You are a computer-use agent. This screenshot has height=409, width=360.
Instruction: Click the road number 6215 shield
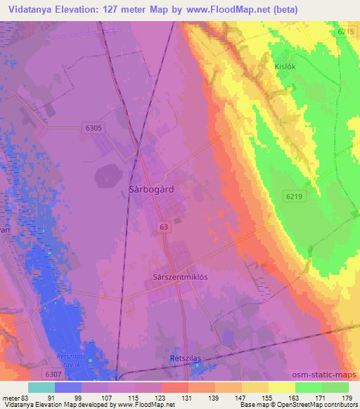tap(345, 32)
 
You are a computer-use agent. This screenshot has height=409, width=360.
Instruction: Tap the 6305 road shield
tap(92, 128)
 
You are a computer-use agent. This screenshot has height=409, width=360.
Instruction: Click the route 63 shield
tap(164, 227)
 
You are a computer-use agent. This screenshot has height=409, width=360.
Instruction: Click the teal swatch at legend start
tap(41, 387)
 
